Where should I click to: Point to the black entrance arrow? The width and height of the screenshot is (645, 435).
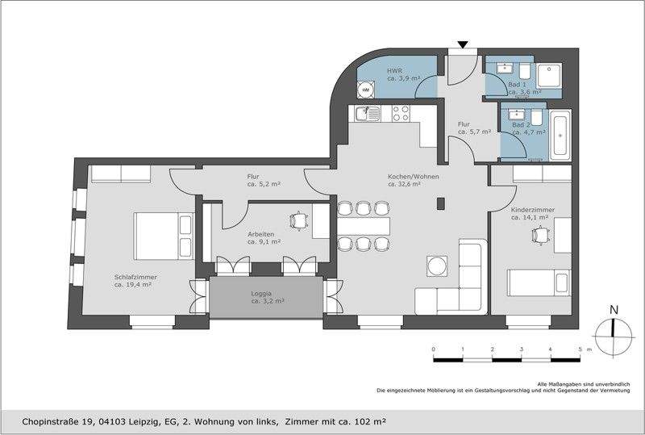pyautogui.click(x=462, y=44)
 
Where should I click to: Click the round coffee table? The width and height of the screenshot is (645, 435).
pyautogui.click(x=437, y=265)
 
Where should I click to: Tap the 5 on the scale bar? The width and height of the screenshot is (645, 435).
pyautogui.click(x=579, y=349)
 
